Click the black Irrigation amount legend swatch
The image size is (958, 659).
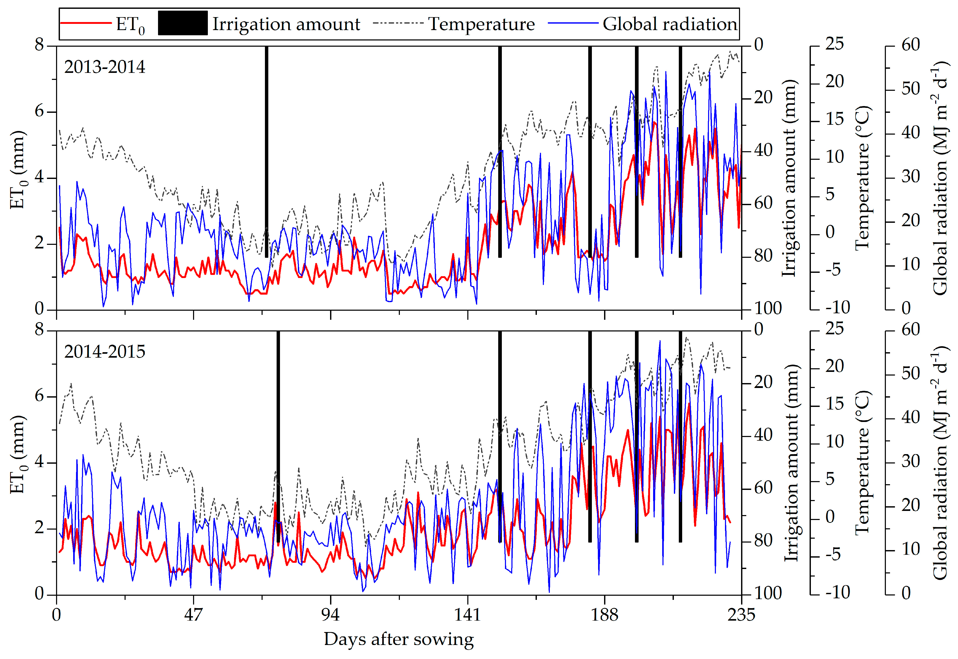pos(183,23)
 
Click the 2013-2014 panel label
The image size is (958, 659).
pos(105,67)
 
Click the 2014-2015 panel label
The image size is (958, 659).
pos(105,352)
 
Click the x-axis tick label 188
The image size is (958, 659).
pos(604,615)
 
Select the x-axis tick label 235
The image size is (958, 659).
pos(741,615)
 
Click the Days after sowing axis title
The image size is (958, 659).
pos(399,639)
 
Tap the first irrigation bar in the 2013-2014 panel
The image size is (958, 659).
pos(266,152)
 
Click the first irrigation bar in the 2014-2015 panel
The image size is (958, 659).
pos(278,436)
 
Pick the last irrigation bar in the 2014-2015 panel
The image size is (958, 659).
pos(680,436)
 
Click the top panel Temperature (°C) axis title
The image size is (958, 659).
pos(863,178)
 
